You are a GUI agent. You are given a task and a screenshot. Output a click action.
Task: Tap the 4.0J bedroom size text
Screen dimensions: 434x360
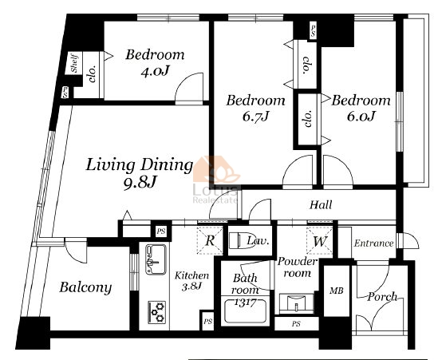155,72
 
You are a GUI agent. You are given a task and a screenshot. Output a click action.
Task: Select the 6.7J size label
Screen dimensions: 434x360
255,117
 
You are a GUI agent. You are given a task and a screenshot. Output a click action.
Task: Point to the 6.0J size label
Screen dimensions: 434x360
361,116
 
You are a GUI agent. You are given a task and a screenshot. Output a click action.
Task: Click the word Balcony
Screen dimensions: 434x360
85,287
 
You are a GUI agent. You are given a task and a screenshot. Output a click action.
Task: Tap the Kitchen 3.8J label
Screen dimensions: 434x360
191,281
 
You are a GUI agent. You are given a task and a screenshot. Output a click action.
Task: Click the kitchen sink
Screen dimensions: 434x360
156,259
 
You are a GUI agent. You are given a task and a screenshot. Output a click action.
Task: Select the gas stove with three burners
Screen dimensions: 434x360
157,312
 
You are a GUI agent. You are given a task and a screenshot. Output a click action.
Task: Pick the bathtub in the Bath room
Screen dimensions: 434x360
245,311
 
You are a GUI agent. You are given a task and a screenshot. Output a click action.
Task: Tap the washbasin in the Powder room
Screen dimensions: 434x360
296,304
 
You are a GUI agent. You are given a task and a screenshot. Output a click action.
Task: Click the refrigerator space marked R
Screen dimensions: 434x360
210,240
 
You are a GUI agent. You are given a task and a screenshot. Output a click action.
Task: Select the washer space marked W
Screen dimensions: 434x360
319,240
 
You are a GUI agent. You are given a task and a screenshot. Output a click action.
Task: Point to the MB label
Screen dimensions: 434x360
337,291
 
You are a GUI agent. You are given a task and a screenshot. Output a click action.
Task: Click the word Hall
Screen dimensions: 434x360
321,205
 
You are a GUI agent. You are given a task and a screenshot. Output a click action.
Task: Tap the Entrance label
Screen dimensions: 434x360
373,243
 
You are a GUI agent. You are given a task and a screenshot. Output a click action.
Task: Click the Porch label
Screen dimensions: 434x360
382,297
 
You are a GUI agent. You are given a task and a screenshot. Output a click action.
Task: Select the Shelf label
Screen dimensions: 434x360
75,63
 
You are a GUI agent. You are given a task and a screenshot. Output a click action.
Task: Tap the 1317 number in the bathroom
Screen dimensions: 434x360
245,303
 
